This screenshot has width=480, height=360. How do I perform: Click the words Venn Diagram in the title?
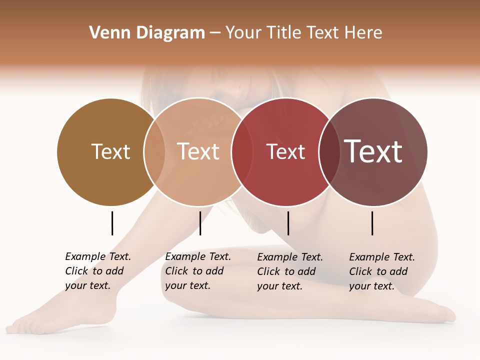pyautogui.click(x=147, y=33)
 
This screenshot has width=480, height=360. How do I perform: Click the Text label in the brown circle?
pyautogui.click(x=110, y=151)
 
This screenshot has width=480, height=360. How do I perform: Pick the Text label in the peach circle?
pyautogui.click(x=198, y=151)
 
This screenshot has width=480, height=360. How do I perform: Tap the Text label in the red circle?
pyautogui.click(x=285, y=151)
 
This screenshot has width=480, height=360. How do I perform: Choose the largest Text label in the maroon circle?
pyautogui.click(x=373, y=151)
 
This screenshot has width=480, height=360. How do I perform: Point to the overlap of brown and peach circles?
pyautogui.click(x=154, y=151)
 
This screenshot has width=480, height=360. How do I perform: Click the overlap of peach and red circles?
pyautogui.click(x=238, y=151)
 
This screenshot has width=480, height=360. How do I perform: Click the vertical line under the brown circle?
pyautogui.click(x=112, y=223)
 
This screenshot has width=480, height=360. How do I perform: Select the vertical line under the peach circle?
pyautogui.click(x=200, y=223)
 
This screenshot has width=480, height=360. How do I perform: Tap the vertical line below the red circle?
pyautogui.click(x=288, y=223)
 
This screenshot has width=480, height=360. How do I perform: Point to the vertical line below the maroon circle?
pyautogui.click(x=372, y=223)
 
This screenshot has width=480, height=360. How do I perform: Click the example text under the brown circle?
pyautogui.click(x=97, y=271)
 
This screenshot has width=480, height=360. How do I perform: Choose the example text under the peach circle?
pyautogui.click(x=197, y=271)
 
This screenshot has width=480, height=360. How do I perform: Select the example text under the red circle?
pyautogui.click(x=289, y=271)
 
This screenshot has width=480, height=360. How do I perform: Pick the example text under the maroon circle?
pyautogui.click(x=381, y=271)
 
